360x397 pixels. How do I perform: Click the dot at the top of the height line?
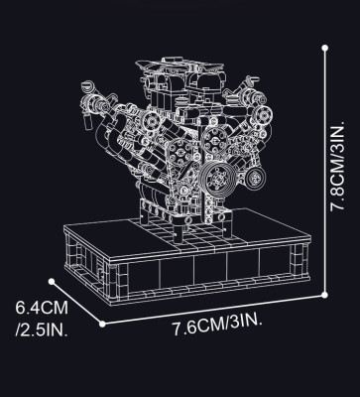tap(325, 45)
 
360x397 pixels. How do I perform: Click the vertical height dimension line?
tap(325, 169)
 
